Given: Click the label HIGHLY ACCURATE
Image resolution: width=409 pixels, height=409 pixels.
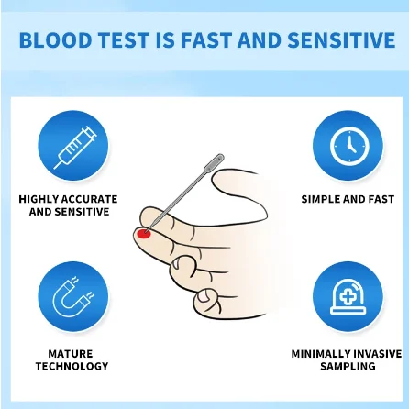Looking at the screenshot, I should pyautogui.click(x=69, y=199).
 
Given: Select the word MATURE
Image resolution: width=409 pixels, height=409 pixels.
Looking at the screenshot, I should pyautogui.click(x=71, y=353).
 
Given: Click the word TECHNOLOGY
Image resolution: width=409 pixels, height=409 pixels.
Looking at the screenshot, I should pyautogui.click(x=71, y=366).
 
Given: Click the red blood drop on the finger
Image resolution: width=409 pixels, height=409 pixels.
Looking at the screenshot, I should pyautogui.click(x=143, y=233).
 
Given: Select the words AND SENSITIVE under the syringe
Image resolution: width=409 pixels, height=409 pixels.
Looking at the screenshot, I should pyautogui.click(x=69, y=212).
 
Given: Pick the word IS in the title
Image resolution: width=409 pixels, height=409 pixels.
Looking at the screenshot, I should pyautogui.click(x=170, y=40).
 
